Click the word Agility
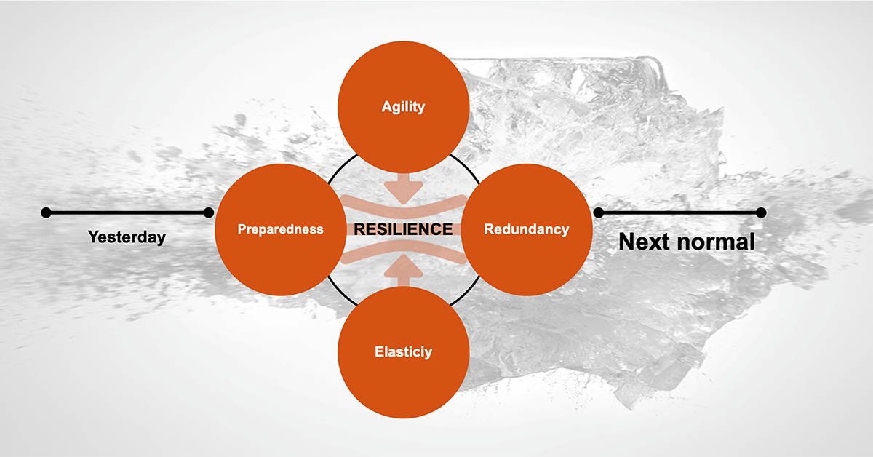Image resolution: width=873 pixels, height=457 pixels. pos(403,107)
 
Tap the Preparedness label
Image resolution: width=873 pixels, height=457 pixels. pos(281,229)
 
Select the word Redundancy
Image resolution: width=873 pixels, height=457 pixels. pos(526,229)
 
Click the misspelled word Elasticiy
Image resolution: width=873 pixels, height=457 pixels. pos(402,352)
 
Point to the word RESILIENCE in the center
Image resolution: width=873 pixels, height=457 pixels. pos(403,229)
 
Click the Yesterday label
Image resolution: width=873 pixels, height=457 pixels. pos(127,237)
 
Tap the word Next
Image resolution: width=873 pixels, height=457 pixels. pos(645,242)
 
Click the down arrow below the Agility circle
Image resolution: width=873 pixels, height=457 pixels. pos(403,188)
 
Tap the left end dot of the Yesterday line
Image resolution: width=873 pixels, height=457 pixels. pos(46,212)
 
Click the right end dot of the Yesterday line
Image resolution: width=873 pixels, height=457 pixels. pos(209,212)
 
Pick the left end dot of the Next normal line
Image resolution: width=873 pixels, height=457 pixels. pos(599,212)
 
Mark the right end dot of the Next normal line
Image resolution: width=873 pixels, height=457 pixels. pos(761,212)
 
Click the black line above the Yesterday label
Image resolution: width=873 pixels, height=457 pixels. pos(127,212)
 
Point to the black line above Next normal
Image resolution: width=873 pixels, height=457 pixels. pos(680,212)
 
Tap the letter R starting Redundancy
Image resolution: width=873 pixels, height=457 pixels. pos(488,229)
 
